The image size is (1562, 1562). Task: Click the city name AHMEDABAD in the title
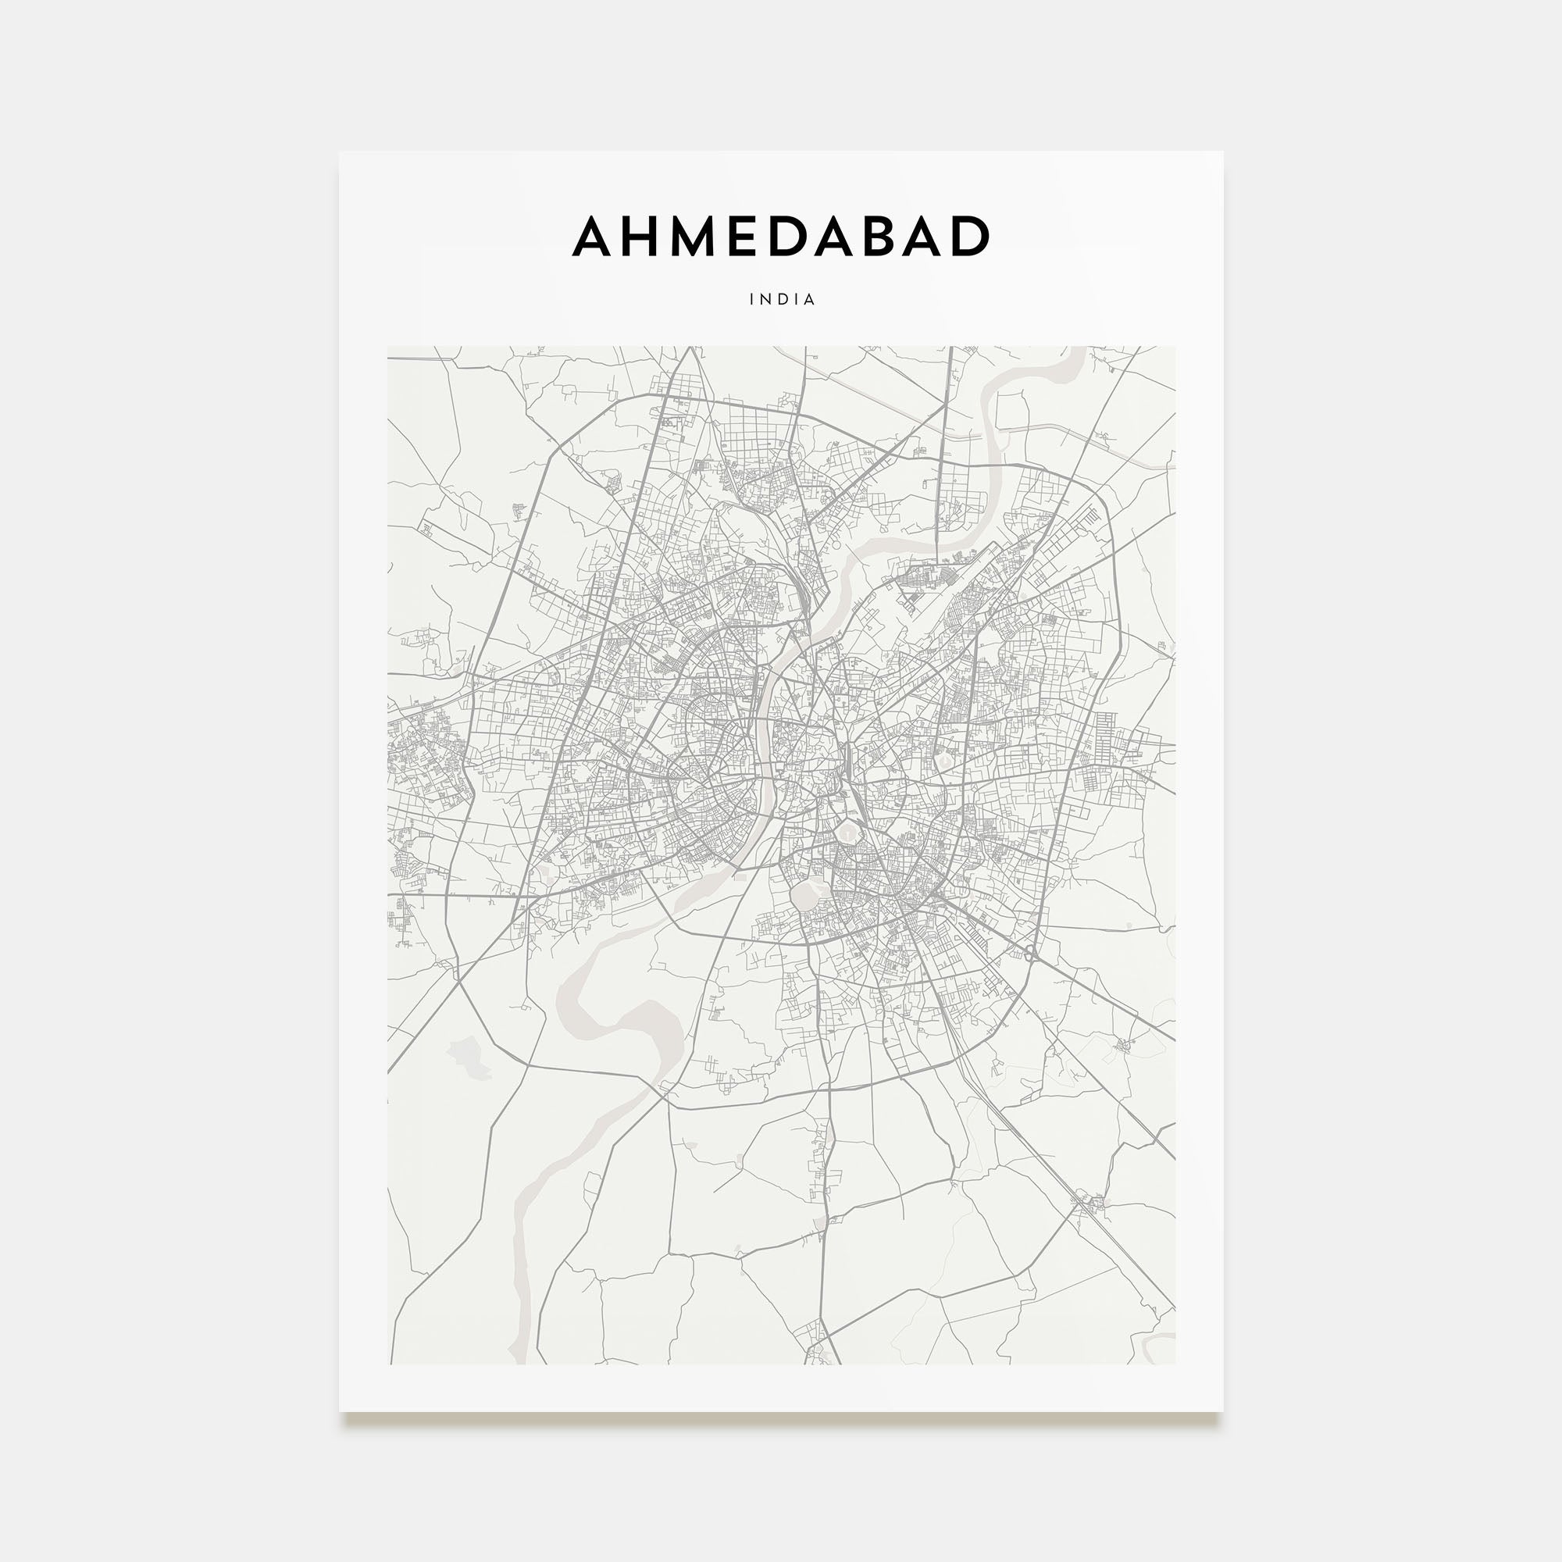click(x=781, y=236)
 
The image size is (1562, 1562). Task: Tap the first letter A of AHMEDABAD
click(x=594, y=236)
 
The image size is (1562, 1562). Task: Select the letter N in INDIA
click(x=766, y=299)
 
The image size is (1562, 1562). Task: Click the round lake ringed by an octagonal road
click(x=846, y=830)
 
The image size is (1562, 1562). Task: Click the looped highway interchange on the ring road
click(x=1031, y=952)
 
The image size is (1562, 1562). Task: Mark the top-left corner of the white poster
click(x=340, y=152)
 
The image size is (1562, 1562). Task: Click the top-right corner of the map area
click(x=1175, y=347)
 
